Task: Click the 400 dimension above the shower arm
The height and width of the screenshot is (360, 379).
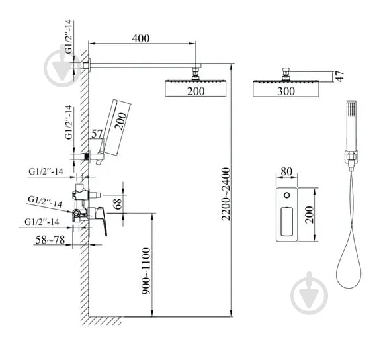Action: tap(140, 38)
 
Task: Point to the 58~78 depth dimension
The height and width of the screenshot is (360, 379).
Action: tap(51, 239)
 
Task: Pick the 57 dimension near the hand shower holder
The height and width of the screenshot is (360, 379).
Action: tap(97, 134)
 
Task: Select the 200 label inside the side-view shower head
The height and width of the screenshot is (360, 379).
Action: tap(195, 91)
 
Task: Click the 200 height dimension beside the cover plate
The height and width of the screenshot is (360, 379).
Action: tap(309, 214)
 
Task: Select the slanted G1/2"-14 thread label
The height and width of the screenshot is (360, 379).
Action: tap(45, 201)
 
